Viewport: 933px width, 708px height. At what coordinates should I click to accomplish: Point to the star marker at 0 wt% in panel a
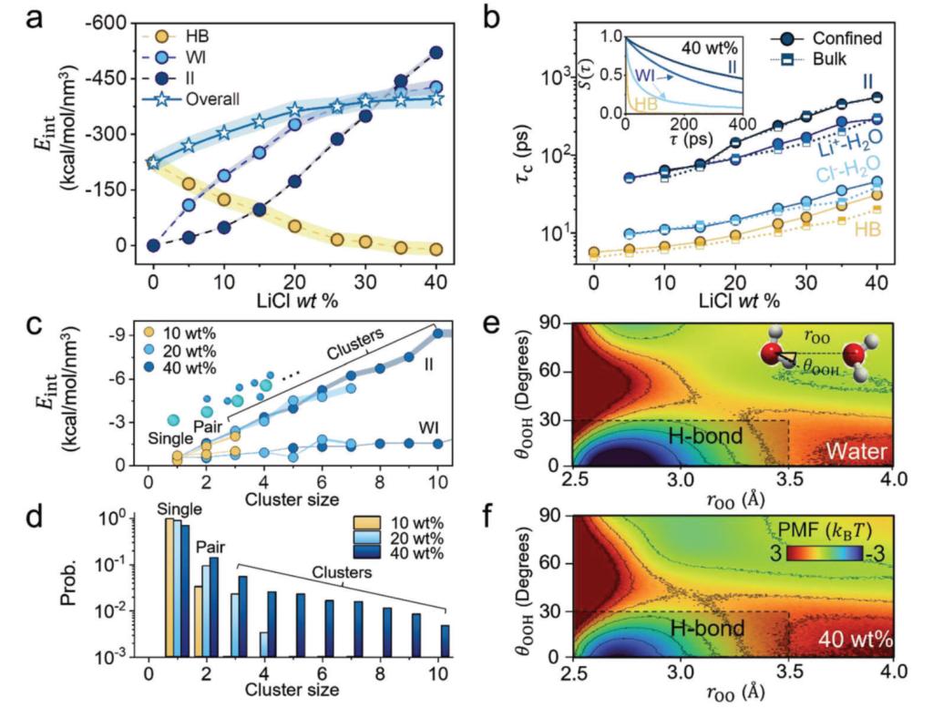pos(153,162)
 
